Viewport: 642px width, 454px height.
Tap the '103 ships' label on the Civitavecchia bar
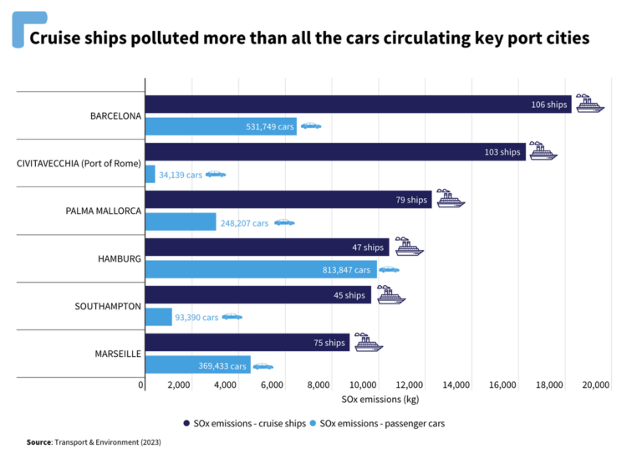click(x=502, y=152)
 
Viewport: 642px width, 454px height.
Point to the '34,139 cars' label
click(x=181, y=175)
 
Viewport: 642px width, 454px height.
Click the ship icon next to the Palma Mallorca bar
click(x=450, y=199)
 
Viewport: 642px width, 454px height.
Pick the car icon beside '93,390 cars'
click(x=232, y=317)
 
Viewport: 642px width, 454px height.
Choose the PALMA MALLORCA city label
click(x=104, y=212)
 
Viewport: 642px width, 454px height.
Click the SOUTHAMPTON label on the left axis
click(x=108, y=306)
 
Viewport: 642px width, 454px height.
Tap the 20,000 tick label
click(x=595, y=385)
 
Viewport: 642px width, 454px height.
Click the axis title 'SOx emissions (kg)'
click(x=374, y=400)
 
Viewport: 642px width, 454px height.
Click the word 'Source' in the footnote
click(x=38, y=441)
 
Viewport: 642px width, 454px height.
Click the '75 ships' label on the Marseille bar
click(x=329, y=343)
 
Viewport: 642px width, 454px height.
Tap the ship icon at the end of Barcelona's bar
click(x=589, y=104)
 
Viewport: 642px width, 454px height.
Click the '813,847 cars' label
click(x=346, y=270)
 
